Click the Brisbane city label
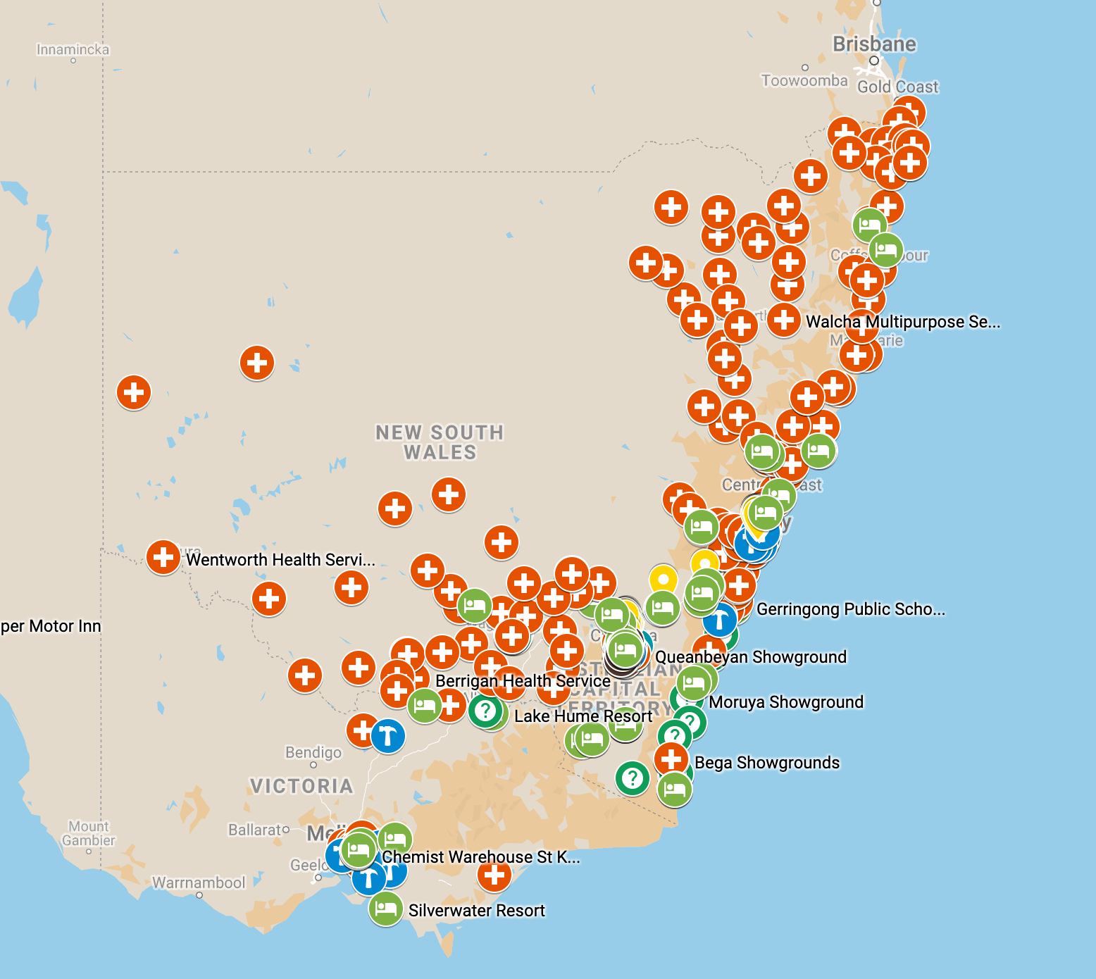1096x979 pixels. pyautogui.click(x=874, y=44)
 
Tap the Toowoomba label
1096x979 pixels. pyautogui.click(x=804, y=81)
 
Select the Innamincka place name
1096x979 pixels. pyautogui.click(x=73, y=50)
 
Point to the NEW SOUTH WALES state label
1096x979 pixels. pyautogui.click(x=440, y=442)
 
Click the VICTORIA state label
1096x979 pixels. pyautogui.click(x=301, y=786)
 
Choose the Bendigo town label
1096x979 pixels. pyautogui.click(x=313, y=752)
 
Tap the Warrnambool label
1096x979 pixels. pyautogui.click(x=199, y=883)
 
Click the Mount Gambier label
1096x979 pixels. pyautogui.click(x=88, y=833)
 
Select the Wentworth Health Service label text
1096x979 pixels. pyautogui.click(x=280, y=560)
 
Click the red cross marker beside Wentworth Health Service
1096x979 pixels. pyautogui.click(x=163, y=557)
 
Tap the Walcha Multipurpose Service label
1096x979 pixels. pyautogui.click(x=902, y=322)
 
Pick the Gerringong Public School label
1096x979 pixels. pyautogui.click(x=850, y=609)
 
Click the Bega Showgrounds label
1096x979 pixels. pyautogui.click(x=766, y=763)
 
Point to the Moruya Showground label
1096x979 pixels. pyautogui.click(x=785, y=702)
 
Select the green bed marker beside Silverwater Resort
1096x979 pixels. pyautogui.click(x=385, y=909)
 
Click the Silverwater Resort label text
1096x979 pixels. pyautogui.click(x=476, y=911)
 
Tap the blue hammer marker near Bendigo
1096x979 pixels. pyautogui.click(x=387, y=737)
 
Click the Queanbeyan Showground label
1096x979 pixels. pyautogui.click(x=750, y=657)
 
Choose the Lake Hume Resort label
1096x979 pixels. pyautogui.click(x=583, y=716)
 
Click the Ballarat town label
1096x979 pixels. pyautogui.click(x=255, y=830)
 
